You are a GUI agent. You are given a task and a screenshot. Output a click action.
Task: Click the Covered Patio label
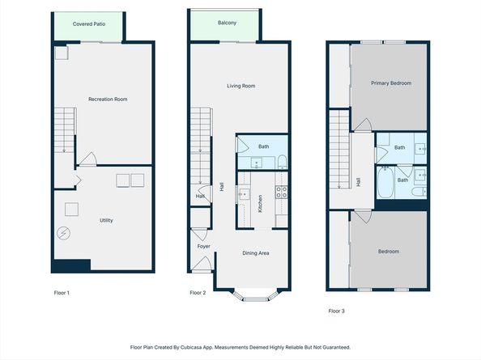(x=89, y=24)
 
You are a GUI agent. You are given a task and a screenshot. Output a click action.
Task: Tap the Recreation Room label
(x=108, y=99)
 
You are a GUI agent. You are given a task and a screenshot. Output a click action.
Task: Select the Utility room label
(x=106, y=220)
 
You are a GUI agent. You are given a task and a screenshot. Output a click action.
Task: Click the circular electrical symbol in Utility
(x=63, y=234)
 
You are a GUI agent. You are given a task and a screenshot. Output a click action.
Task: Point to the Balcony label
(x=227, y=23)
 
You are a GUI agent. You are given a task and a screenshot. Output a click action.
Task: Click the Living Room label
(x=240, y=86)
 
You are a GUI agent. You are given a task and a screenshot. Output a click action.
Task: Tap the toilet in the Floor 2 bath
(x=283, y=162)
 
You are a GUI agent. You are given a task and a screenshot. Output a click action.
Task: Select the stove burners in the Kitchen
(x=282, y=192)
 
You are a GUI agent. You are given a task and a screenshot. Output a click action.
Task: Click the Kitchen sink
(x=245, y=194)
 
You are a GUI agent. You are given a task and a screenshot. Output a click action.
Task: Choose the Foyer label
(x=204, y=246)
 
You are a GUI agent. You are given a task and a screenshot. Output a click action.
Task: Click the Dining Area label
(x=256, y=253)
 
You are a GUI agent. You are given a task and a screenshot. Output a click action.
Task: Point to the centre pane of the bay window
(x=256, y=299)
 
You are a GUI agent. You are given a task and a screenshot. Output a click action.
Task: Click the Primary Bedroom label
(x=391, y=83)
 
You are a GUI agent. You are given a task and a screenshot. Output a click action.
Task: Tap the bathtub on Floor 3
(x=385, y=182)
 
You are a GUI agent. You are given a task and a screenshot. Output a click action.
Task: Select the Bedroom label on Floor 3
(x=389, y=252)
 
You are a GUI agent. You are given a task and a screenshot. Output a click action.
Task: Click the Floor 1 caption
(x=62, y=293)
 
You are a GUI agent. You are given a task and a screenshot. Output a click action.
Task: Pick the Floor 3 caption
(x=337, y=311)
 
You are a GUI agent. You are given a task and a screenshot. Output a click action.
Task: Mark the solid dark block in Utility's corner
(x=71, y=265)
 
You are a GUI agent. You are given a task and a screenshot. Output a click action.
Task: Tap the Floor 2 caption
(x=198, y=293)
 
